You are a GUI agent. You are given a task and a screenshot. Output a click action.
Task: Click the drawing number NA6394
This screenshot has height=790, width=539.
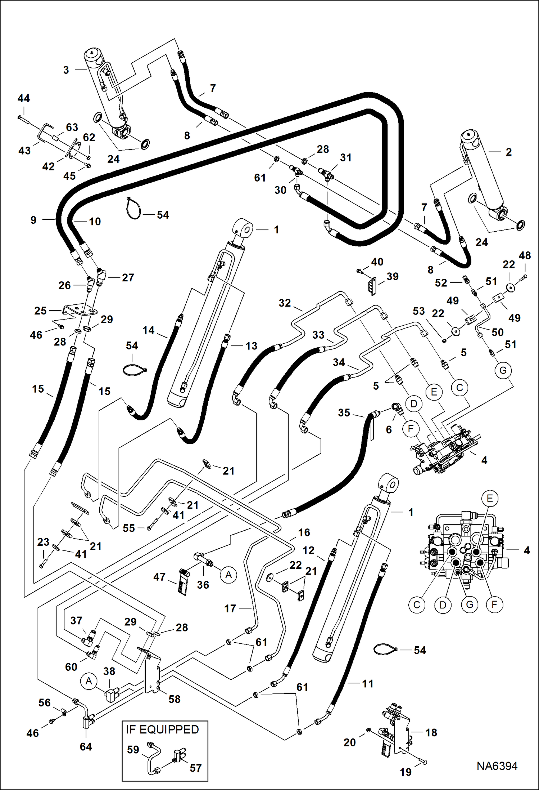(497, 766)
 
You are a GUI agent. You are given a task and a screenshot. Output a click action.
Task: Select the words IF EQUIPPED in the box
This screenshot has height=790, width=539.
(162, 729)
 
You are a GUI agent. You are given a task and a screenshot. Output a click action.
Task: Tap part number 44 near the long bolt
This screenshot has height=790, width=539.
(24, 98)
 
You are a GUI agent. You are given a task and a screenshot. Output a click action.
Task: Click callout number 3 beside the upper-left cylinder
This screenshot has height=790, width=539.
(66, 70)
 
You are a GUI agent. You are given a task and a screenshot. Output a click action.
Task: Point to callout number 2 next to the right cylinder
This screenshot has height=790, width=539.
(508, 152)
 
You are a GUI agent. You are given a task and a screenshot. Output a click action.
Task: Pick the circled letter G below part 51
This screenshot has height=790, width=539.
(503, 370)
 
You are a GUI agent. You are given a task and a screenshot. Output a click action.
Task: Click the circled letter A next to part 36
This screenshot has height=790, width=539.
(228, 575)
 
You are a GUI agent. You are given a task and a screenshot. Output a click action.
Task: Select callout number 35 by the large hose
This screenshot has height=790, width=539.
(344, 412)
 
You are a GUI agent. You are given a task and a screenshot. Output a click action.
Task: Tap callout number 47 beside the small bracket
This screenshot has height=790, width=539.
(159, 577)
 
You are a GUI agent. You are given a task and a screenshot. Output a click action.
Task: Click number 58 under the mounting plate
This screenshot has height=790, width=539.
(175, 699)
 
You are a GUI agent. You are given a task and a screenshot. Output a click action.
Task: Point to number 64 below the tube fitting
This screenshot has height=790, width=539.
(86, 746)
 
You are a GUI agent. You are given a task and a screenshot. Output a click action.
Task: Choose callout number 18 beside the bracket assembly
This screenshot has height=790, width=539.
(431, 732)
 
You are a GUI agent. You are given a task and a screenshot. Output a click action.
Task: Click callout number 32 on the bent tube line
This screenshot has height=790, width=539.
(285, 303)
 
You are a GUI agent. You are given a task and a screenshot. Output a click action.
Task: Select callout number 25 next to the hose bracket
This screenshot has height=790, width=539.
(40, 311)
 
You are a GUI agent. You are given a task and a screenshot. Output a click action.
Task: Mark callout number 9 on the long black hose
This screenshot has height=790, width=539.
(33, 220)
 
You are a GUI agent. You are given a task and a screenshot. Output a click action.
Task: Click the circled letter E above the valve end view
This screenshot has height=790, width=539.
(490, 498)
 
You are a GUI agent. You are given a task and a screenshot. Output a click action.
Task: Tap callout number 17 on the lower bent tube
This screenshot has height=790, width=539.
(230, 608)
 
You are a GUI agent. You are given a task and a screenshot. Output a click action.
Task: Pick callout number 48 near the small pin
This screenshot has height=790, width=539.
(525, 255)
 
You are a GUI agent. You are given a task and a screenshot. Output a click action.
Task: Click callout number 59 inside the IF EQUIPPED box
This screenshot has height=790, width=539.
(133, 750)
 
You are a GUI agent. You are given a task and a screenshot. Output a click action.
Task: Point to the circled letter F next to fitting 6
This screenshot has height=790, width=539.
(411, 429)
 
